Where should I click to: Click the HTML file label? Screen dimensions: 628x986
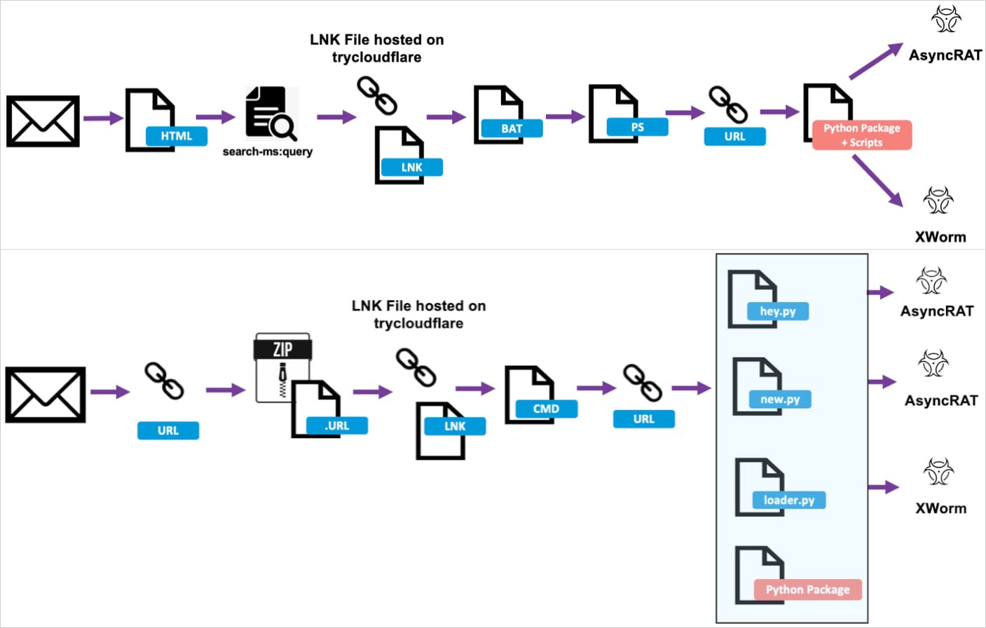pyautogui.click(x=176, y=136)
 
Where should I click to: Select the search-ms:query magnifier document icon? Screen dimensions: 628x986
pyautogui.click(x=271, y=114)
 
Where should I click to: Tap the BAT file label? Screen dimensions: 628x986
pyautogui.click(x=512, y=128)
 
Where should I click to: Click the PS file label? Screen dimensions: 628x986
pyautogui.click(x=637, y=127)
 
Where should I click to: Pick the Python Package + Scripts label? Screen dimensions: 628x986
pyautogui.click(x=862, y=135)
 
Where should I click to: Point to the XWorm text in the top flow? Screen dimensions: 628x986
pyautogui.click(x=940, y=237)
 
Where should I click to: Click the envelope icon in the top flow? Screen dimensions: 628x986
pyautogui.click(x=43, y=121)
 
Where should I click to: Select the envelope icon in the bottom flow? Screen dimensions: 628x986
pyautogui.click(x=46, y=395)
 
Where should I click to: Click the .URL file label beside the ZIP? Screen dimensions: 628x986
pyautogui.click(x=336, y=425)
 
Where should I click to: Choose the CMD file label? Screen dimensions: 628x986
pyautogui.click(x=546, y=409)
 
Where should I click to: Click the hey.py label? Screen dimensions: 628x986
pyautogui.click(x=778, y=311)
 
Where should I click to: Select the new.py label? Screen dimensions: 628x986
pyautogui.click(x=780, y=399)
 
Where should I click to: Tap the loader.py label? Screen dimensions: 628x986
pyautogui.click(x=789, y=500)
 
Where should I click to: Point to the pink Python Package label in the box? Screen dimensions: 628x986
pyautogui.click(x=807, y=589)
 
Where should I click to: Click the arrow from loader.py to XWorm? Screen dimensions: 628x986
pyautogui.click(x=883, y=487)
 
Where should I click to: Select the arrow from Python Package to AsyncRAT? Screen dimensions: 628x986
pyautogui.click(x=876, y=61)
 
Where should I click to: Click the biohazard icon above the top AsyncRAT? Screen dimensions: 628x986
pyautogui.click(x=946, y=19)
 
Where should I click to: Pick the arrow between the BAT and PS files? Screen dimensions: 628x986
pyautogui.click(x=565, y=116)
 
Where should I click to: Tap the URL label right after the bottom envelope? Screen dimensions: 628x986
pyautogui.click(x=168, y=430)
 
